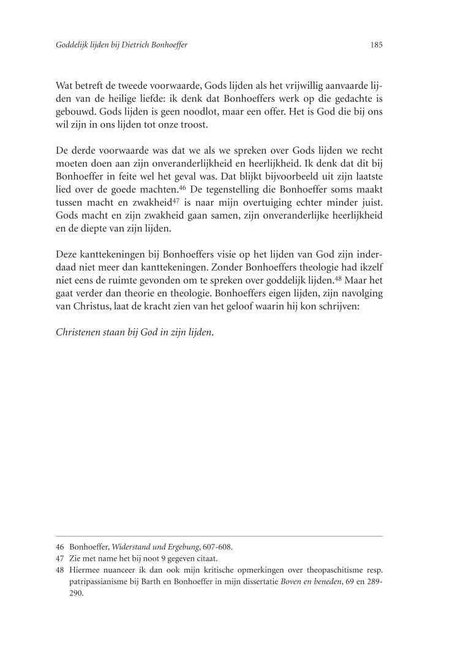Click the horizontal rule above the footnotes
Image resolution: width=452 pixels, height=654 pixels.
coord(219,536)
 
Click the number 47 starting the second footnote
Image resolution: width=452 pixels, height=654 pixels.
coord(59,558)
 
